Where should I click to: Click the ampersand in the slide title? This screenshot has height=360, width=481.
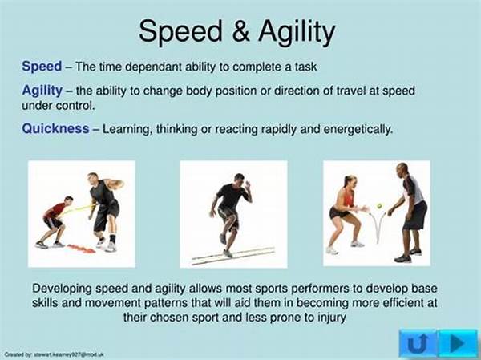coord(240,31)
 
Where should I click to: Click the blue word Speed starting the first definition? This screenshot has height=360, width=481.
coord(42,67)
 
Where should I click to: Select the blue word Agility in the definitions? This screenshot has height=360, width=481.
coord(42,91)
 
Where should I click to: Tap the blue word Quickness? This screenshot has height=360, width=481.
coord(55,128)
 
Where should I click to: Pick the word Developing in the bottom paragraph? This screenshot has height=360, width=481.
coord(62,289)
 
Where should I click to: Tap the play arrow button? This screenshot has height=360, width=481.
coord(458,343)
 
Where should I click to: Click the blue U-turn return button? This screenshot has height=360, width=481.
coord(418,343)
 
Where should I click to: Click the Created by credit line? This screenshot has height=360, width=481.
coord(54,354)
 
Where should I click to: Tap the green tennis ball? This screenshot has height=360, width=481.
coord(380,205)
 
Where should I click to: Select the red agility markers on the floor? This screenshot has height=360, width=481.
coord(81,249)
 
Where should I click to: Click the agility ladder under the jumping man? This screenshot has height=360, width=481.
coord(233,256)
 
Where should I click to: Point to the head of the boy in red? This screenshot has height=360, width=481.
coord(68,200)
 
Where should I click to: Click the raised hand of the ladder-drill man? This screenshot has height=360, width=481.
coord(247,185)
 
